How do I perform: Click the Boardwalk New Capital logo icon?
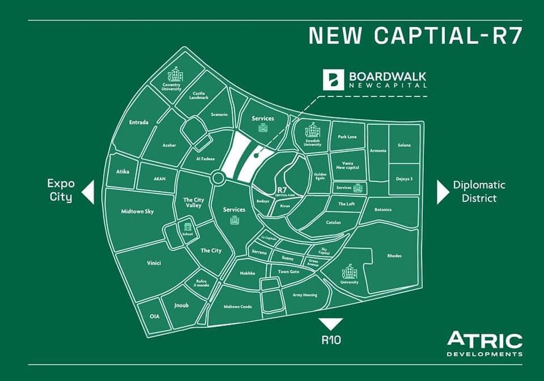tap(334, 79)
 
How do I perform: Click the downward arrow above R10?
tap(330, 324)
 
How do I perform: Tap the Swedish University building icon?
tap(313, 131)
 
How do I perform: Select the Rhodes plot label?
tap(394, 255)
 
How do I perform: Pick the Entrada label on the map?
tap(139, 122)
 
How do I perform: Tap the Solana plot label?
tap(404, 145)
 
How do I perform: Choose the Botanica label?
tap(384, 209)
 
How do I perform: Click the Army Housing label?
tap(305, 295)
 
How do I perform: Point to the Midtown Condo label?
tap(237, 306)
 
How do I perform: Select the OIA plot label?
tap(154, 316)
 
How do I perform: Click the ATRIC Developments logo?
tap(484, 344)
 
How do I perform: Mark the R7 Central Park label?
tap(282, 191)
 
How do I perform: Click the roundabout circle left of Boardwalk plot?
tap(218, 178)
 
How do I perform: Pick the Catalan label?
tap(334, 222)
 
